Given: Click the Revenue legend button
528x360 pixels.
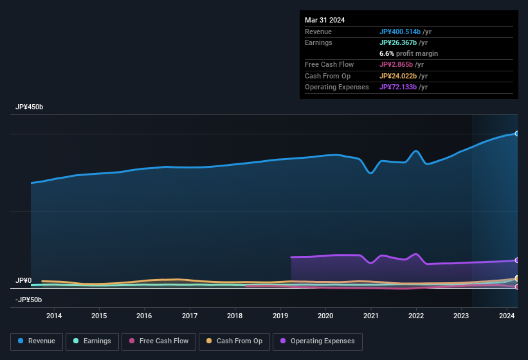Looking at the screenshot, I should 37,341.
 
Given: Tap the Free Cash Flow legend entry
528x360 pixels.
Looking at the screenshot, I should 159,341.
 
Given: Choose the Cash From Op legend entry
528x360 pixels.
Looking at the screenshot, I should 234,341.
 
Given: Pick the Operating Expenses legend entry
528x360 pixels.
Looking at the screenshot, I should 318,341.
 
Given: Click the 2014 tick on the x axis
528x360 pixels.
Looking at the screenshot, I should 54,316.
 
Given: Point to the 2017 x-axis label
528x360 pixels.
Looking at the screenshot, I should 190,316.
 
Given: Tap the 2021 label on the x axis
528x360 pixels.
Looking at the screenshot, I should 370,316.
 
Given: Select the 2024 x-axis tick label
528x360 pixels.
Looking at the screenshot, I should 507,316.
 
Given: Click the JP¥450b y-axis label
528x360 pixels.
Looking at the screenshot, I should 30,107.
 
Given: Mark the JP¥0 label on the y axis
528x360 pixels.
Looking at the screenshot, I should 23,281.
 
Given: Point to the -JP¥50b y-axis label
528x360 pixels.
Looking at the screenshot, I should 28,300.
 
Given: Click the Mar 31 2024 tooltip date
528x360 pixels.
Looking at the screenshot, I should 325,20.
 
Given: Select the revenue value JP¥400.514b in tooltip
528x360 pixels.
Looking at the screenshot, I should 400,32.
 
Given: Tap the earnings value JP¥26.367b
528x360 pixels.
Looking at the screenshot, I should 397,42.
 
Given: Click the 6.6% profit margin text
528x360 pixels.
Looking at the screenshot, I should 408,53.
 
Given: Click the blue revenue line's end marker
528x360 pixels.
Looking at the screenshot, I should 516,133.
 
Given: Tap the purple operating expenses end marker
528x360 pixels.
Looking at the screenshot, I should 516,260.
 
